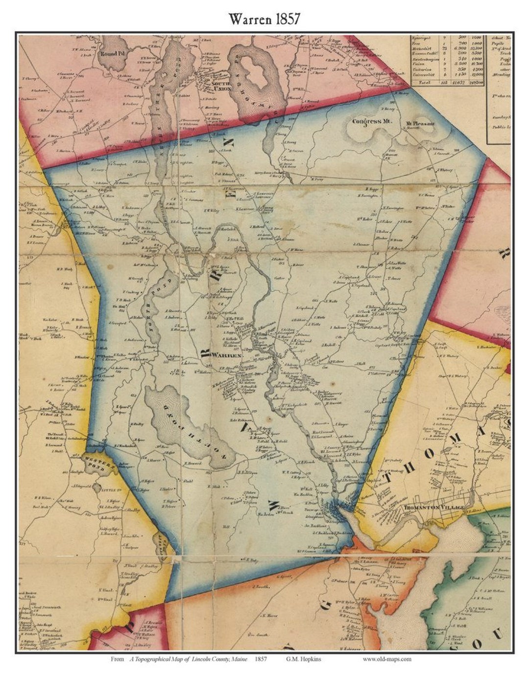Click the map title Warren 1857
[264, 19]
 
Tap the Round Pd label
[111, 53]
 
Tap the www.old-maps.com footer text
[386, 659]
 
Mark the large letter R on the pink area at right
[503, 253]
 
